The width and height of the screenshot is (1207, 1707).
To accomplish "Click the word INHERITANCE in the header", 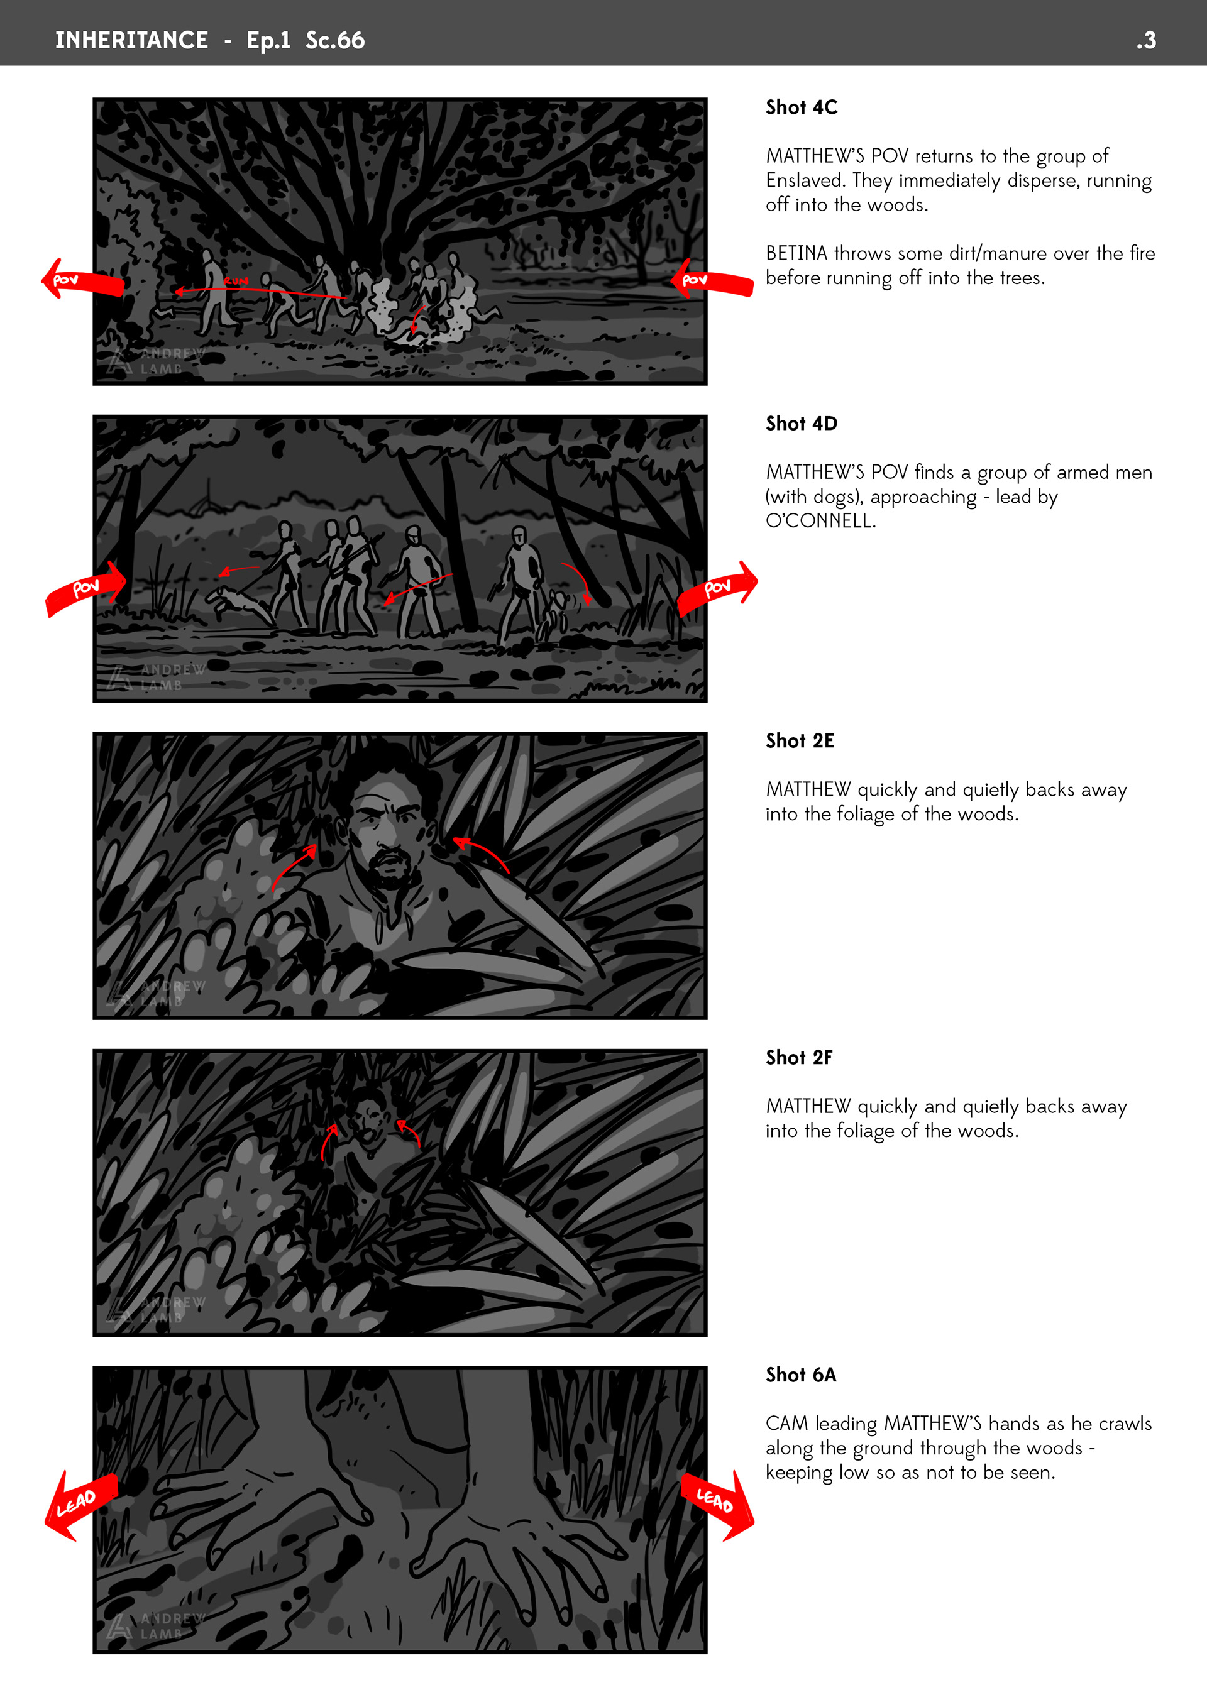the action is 131,40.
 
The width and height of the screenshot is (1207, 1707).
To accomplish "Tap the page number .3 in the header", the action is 1146,40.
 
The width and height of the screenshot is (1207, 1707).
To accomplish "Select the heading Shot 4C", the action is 801,107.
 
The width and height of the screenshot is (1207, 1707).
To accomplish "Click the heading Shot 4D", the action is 801,424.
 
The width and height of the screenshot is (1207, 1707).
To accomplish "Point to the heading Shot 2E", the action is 800,740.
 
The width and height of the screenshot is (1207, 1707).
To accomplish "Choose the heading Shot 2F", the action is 799,1057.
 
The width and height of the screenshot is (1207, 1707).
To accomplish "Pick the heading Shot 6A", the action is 800,1375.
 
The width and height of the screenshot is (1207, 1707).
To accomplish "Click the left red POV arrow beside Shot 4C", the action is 82,280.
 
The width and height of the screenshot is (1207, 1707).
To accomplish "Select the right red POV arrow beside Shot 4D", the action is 717,589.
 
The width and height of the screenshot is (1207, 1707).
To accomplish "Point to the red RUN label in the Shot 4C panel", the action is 236,281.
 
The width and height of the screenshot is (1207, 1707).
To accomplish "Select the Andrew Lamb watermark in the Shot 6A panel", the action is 155,1627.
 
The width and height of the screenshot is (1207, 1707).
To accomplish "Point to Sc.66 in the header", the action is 336,40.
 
